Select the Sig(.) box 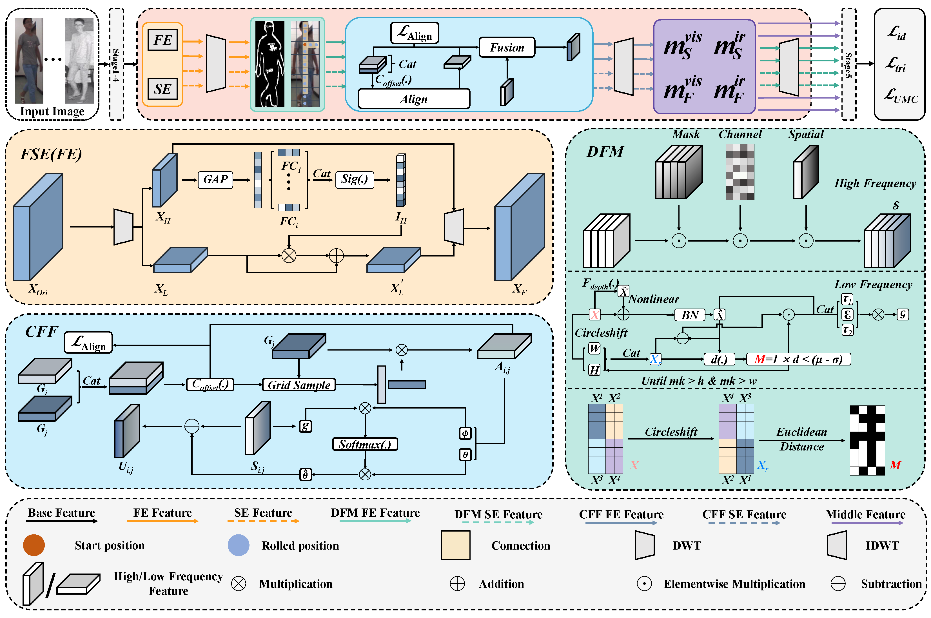(354, 180)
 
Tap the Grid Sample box (299, 385)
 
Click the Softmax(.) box (365, 444)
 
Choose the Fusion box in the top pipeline (507, 47)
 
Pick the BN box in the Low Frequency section (690, 315)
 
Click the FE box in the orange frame (162, 40)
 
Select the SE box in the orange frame (162, 89)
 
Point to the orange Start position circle (34, 545)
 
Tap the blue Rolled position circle (239, 545)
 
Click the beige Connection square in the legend (455, 545)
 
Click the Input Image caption (52, 111)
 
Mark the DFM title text (605, 152)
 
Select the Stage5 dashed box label (848, 64)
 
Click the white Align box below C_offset (414, 99)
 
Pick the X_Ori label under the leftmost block (38, 290)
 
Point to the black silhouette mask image (269, 64)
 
